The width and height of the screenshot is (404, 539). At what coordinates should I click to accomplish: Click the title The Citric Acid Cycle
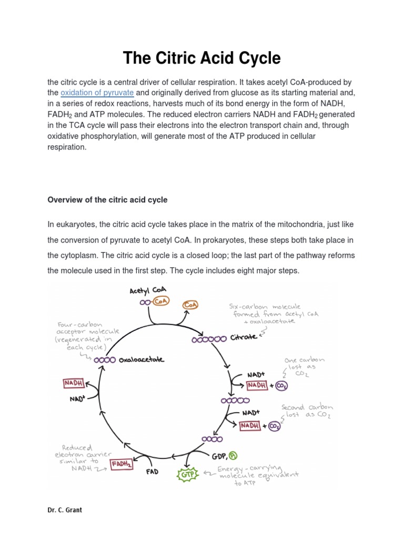201,58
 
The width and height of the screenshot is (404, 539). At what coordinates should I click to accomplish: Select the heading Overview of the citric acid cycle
107,199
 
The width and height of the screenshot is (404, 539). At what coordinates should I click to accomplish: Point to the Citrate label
244,337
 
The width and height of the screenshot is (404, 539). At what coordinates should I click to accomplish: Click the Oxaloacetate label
141,360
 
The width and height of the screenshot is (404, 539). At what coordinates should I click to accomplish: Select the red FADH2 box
122,463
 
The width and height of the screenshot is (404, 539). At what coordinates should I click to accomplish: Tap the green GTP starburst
188,475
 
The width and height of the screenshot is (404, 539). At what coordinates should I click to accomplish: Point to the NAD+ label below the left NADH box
77,399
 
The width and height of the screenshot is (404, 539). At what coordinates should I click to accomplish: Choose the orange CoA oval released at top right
190,305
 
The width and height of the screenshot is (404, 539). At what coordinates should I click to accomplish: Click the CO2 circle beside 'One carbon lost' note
281,386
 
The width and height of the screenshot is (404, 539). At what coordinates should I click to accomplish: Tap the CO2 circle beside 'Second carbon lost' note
274,426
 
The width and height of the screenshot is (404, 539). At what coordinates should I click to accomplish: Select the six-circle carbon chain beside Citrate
209,340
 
